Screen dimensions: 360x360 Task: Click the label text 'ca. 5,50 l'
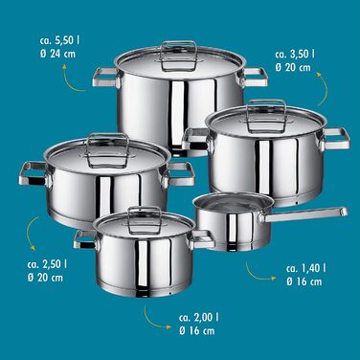(x=60, y=40)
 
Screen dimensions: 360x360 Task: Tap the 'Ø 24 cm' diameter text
(x=58, y=54)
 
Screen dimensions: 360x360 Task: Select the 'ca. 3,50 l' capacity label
(x=295, y=54)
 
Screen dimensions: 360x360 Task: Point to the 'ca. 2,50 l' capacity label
(x=48, y=264)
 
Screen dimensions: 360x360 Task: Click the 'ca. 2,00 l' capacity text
(x=199, y=317)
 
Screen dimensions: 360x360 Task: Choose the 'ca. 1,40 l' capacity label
(x=306, y=268)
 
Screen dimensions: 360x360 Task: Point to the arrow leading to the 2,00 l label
(x=151, y=321)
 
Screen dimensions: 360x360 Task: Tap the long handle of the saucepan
(x=304, y=214)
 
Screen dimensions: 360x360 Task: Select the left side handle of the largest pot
(x=106, y=78)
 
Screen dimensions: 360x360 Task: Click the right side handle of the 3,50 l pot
(x=335, y=139)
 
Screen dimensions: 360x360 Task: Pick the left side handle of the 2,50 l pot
(x=34, y=173)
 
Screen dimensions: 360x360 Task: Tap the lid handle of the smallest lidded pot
(x=145, y=219)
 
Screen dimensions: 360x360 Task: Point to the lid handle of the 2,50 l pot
(x=107, y=149)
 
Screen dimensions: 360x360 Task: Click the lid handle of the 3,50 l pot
(x=266, y=116)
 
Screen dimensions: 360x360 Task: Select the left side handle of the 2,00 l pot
(x=85, y=239)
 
